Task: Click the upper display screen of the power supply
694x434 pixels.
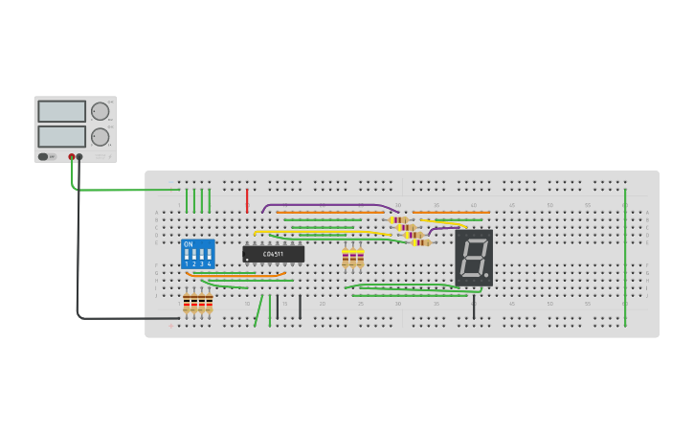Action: pyautogui.click(x=61, y=111)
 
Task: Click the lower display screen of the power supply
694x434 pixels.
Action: pyautogui.click(x=61, y=136)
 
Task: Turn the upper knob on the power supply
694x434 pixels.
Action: pyautogui.click(x=100, y=111)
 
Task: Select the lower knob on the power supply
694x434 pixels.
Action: pyautogui.click(x=100, y=137)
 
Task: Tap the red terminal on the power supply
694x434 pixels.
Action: pyautogui.click(x=72, y=156)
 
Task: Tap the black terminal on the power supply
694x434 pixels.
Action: pyautogui.click(x=79, y=156)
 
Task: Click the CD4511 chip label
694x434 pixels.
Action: pyautogui.click(x=273, y=254)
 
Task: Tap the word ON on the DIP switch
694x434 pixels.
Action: pyautogui.click(x=188, y=244)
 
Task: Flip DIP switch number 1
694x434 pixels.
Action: pyautogui.click(x=187, y=256)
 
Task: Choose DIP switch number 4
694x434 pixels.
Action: pyautogui.click(x=209, y=256)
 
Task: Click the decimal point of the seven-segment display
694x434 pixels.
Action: pyautogui.click(x=487, y=276)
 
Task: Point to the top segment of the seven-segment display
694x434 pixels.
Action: pyautogui.click(x=476, y=240)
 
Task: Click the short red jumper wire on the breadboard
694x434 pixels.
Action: pyautogui.click(x=247, y=200)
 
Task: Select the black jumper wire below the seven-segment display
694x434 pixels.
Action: pyautogui.click(x=474, y=307)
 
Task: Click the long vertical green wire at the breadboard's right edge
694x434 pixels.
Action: pyautogui.click(x=625, y=259)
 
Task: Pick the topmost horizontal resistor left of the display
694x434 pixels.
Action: pyautogui.click(x=399, y=219)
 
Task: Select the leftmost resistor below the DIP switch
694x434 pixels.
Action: pyautogui.click(x=187, y=305)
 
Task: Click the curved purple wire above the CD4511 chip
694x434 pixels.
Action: pyautogui.click(x=325, y=205)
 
